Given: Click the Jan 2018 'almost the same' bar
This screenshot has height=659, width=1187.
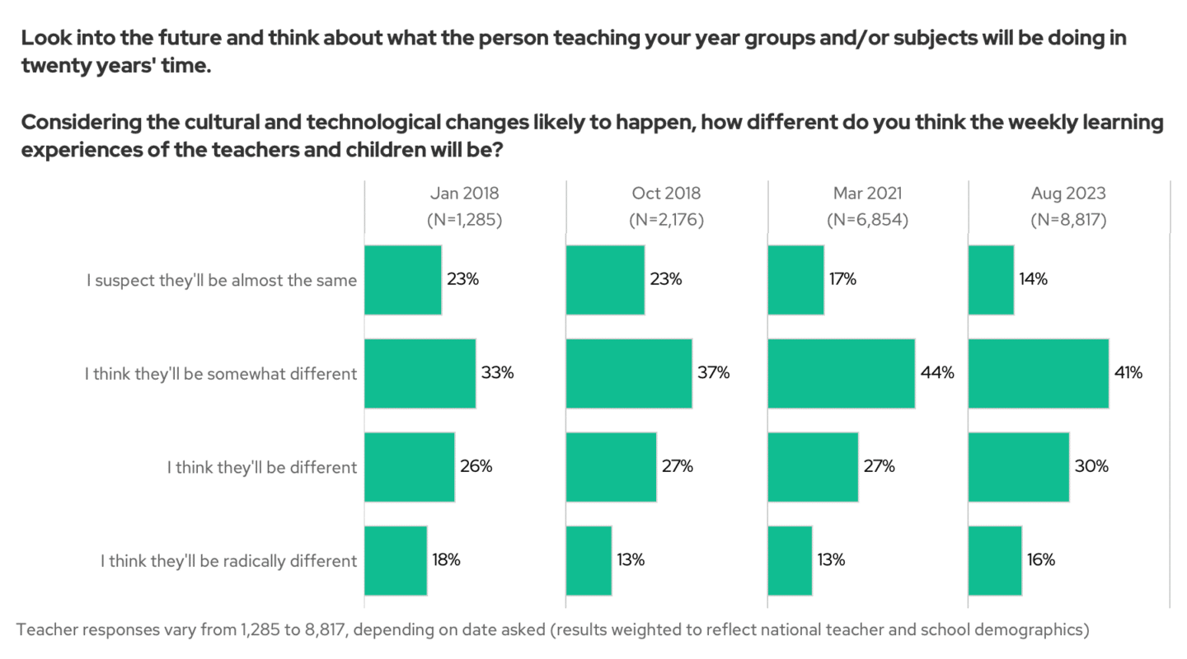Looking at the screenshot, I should [x=402, y=280].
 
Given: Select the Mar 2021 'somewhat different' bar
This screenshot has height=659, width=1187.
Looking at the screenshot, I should [x=841, y=373].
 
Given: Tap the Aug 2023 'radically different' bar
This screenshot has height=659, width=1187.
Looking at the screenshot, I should [x=995, y=560].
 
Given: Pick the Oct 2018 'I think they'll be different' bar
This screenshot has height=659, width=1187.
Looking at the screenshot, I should [x=611, y=466].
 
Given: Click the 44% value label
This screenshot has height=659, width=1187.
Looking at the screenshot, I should [x=937, y=373].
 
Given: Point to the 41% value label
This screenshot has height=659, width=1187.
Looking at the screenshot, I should [x=1128, y=373].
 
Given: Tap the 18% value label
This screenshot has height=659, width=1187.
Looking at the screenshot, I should [x=446, y=560].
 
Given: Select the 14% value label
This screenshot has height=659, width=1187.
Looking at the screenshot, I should [x=1033, y=280].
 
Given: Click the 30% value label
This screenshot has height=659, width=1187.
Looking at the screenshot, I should [x=1091, y=466].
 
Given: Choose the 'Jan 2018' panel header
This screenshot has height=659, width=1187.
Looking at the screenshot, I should [x=464, y=194].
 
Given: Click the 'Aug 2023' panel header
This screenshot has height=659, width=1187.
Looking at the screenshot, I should [x=1068, y=194].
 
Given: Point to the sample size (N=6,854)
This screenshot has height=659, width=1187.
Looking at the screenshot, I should [x=867, y=220].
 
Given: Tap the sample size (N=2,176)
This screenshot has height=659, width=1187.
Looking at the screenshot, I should [x=665, y=220].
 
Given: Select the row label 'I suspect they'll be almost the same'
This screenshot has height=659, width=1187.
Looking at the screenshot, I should [x=222, y=280].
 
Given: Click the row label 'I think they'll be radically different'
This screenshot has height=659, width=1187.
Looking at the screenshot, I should [x=228, y=560].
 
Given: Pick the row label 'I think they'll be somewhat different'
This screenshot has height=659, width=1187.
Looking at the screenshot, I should [x=220, y=373].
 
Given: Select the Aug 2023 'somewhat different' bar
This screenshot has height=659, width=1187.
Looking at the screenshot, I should [x=1038, y=373].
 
